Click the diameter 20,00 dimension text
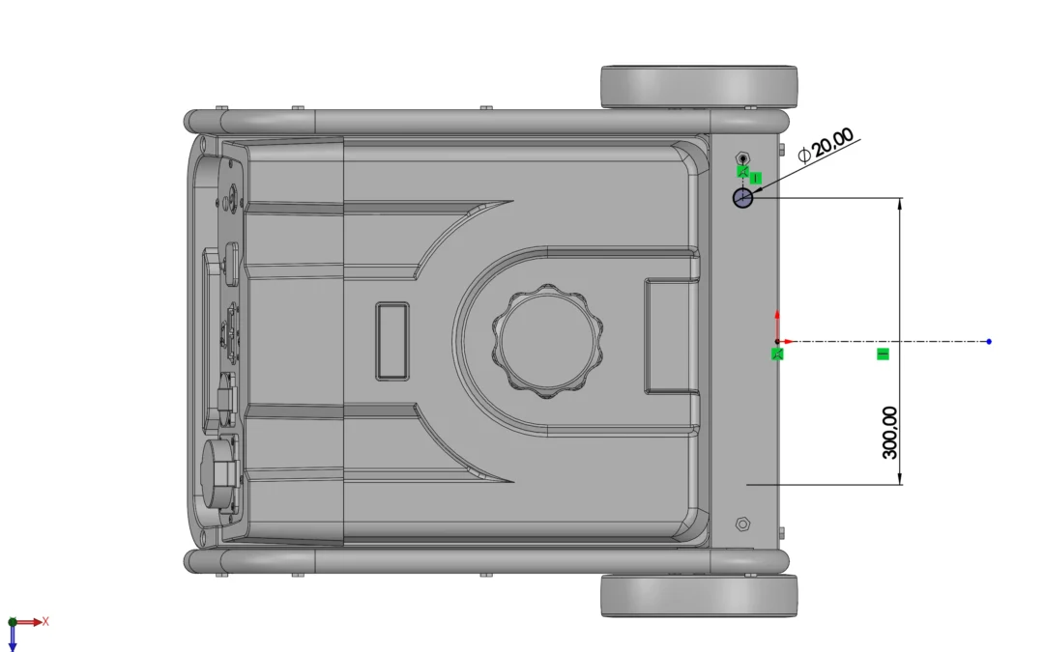point(826,145)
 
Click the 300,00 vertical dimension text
point(889,433)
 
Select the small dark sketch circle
point(742,198)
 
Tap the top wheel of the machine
point(699,87)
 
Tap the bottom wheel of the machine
point(699,595)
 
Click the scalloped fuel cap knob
point(547,341)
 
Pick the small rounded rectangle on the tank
point(392,341)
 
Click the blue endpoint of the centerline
point(989,341)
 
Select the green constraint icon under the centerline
point(883,354)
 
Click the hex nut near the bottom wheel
point(743,524)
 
